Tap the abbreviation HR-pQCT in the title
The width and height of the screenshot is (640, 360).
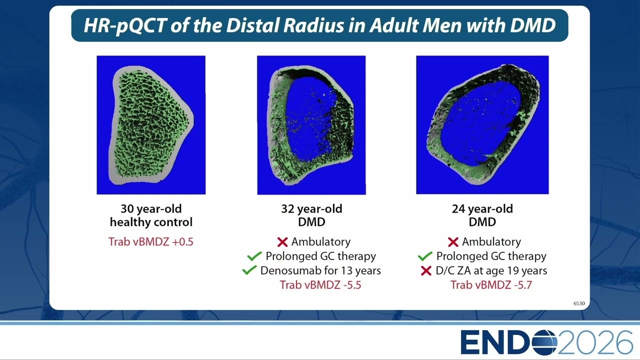coord(125,25)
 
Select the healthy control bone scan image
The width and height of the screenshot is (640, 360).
coord(151,125)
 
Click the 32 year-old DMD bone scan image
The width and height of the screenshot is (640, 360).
coord(311,125)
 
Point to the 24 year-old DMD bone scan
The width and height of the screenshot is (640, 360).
coord(482,125)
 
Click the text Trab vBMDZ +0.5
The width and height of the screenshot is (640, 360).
coord(151,241)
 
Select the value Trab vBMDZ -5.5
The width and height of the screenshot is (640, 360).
coord(320,285)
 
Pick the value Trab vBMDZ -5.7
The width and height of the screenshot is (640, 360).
coord(491,285)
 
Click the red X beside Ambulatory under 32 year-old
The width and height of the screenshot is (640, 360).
coord(282,242)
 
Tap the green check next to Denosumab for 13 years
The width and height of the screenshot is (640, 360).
coord(249,270)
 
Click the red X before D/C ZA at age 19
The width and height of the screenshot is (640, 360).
coord(426,270)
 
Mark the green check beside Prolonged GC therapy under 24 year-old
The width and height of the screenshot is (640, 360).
coord(425,256)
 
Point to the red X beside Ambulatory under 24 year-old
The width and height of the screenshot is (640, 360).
coord(453,242)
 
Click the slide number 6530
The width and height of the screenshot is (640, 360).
coord(579,303)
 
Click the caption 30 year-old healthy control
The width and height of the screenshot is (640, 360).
coord(151,215)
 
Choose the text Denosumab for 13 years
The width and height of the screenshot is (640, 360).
coord(320,270)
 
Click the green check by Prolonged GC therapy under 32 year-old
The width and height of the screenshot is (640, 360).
coord(254,256)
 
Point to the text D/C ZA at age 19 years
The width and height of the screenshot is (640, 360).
coord(491,270)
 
